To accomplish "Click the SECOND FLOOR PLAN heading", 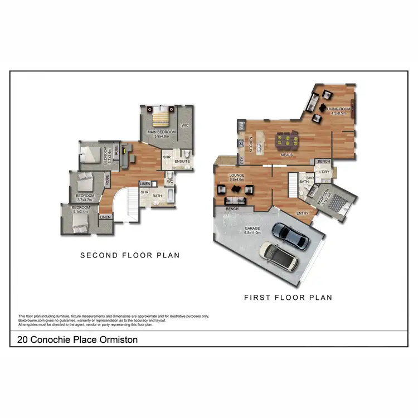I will click(x=130, y=255).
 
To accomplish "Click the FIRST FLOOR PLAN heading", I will click(x=288, y=298).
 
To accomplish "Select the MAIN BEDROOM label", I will click(x=162, y=132).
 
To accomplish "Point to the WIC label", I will click(x=185, y=125).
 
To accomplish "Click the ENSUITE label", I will click(x=182, y=162).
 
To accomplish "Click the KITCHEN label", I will click(x=251, y=145).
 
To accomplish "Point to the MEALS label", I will click(x=287, y=155).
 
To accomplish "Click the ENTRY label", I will click(x=303, y=213).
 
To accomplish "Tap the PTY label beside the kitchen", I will click(x=242, y=161).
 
